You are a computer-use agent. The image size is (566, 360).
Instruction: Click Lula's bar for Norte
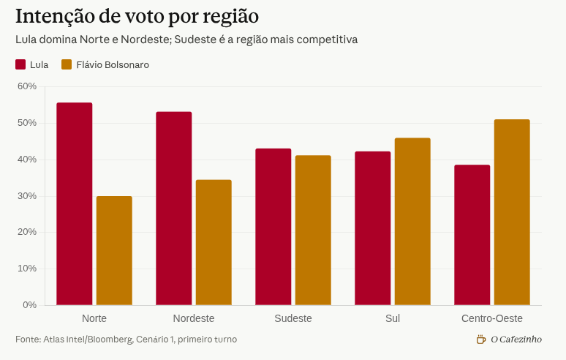[75, 204]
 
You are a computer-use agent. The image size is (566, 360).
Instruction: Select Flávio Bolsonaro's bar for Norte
[114, 251]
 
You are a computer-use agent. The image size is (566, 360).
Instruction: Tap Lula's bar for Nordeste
[174, 209]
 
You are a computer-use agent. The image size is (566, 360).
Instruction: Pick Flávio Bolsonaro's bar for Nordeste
[214, 243]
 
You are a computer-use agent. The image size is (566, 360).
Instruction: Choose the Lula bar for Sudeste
[273, 227]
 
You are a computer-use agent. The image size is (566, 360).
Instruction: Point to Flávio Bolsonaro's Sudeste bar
[313, 230]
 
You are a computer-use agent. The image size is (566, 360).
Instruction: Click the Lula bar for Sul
[373, 228]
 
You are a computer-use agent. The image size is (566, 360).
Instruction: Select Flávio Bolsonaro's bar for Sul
[412, 222]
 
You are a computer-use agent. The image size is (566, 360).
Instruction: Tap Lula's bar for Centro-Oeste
[472, 235]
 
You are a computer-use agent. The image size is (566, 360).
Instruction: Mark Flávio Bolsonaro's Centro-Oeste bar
[512, 212]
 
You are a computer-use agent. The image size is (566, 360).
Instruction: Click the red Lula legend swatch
[20, 64]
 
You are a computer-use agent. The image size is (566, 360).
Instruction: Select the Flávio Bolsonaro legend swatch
[67, 64]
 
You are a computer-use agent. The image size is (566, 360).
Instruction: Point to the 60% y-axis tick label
[27, 86]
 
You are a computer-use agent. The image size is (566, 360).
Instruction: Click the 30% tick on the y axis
[27, 196]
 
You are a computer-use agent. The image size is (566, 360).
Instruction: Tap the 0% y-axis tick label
[29, 305]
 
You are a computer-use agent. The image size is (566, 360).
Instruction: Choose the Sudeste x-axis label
[293, 318]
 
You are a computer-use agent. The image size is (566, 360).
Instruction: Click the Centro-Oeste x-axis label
[492, 318]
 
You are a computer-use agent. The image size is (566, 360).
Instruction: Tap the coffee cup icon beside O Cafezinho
[480, 340]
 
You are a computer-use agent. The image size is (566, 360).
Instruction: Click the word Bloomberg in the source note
[109, 340]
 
